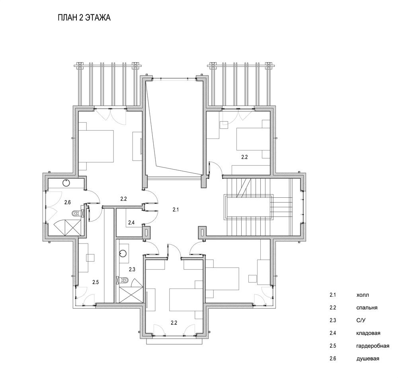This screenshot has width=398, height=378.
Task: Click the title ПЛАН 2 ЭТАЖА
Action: click(x=84, y=18)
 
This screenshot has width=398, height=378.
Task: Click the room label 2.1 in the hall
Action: click(x=176, y=210)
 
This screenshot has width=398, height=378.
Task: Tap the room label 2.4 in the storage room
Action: click(x=131, y=223)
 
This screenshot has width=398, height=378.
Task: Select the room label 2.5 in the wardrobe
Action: click(x=96, y=282)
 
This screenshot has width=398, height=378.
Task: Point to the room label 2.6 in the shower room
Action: click(x=67, y=202)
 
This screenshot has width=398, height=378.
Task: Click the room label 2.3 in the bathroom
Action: click(x=132, y=269)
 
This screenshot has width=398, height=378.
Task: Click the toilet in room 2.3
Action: click(x=124, y=281)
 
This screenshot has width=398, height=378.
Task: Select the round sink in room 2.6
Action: click(x=66, y=183)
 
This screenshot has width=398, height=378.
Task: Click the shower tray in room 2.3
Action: click(x=131, y=294)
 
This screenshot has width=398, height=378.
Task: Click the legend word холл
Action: click(x=363, y=295)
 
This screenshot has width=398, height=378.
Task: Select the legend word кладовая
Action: click(x=368, y=333)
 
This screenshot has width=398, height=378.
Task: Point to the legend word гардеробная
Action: click(x=373, y=346)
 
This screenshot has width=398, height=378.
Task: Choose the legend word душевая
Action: click(x=368, y=359)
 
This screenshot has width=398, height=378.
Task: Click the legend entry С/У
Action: click(x=361, y=320)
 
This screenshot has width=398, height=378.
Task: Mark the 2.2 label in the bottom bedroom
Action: click(x=174, y=323)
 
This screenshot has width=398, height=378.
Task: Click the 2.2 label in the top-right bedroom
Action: click(x=244, y=157)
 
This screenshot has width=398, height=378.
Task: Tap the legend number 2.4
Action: click(x=333, y=333)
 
